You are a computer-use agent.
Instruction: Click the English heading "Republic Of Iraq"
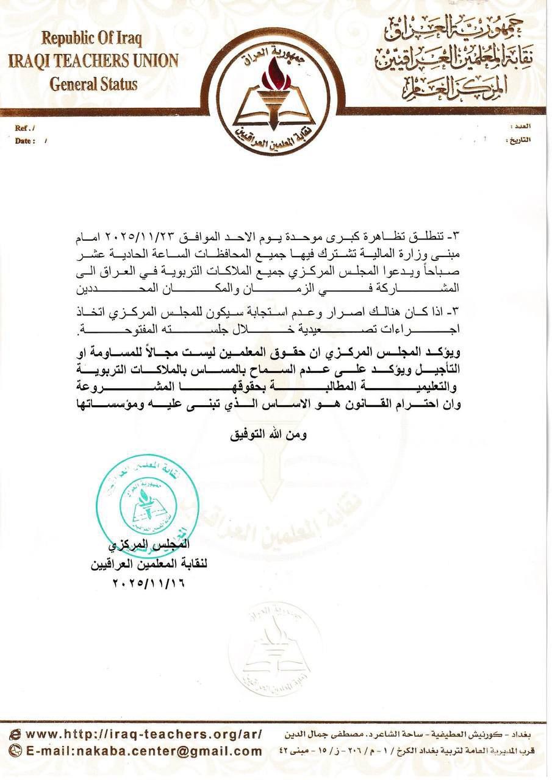pos(92,39)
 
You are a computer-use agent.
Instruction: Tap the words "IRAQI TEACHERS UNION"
pos(93,61)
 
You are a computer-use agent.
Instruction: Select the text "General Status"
pos(93,83)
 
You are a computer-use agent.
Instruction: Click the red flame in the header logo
pos(276,76)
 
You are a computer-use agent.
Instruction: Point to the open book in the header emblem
pos(276,108)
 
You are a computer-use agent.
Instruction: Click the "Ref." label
pos(25,128)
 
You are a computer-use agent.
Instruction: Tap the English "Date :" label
pos(25,141)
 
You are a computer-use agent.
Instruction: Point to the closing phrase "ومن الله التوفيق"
pos(268,435)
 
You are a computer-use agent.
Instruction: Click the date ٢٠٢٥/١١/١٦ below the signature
pos(148,583)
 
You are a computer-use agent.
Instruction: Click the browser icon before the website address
pos(16,734)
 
